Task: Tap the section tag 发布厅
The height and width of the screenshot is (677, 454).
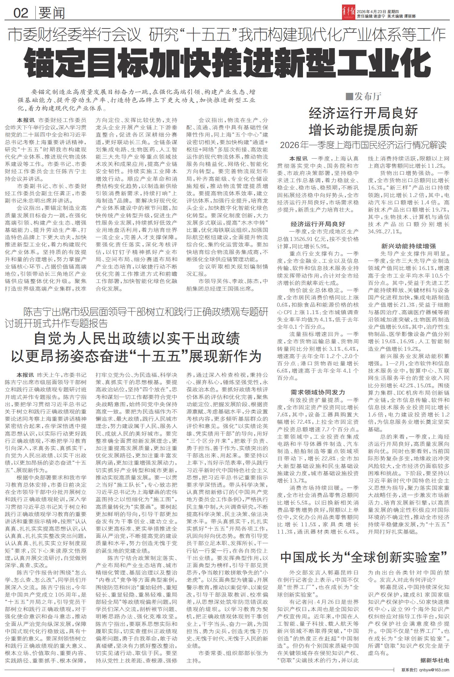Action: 368,97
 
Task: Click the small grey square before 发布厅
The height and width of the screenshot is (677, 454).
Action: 349,97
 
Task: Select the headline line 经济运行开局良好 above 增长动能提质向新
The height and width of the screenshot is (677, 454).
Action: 363,113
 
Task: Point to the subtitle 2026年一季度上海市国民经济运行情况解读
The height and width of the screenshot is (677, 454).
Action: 363,145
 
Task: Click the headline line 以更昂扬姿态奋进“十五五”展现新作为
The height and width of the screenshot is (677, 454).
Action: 137,356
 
